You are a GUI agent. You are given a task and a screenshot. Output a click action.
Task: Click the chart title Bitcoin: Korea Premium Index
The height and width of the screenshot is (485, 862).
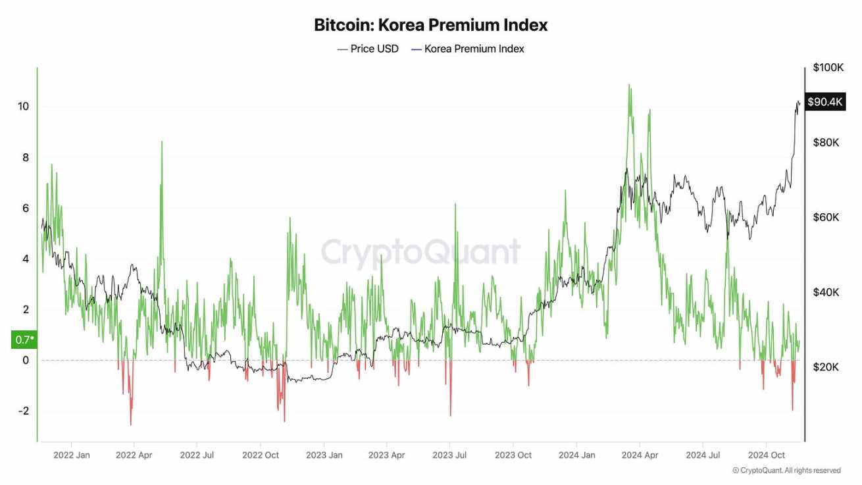(x=430, y=26)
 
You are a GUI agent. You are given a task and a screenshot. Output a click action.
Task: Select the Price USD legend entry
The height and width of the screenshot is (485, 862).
(x=368, y=49)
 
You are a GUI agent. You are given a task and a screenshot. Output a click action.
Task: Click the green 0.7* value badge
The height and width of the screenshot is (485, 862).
(x=23, y=340)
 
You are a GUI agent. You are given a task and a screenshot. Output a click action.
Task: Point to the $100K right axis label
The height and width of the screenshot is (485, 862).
(x=828, y=67)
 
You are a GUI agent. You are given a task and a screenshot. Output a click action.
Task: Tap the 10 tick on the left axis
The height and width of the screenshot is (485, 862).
(x=24, y=107)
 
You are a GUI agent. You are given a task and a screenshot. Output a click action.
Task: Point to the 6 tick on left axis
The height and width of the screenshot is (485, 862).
(x=26, y=208)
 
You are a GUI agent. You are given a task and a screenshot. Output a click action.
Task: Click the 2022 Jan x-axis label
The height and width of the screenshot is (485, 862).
(x=72, y=455)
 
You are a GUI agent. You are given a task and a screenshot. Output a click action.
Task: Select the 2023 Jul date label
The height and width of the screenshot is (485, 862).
(x=451, y=455)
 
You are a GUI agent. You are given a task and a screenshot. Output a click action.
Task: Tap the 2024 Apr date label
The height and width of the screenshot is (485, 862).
(x=640, y=455)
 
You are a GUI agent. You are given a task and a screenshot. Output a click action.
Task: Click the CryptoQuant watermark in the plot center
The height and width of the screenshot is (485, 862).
(x=420, y=252)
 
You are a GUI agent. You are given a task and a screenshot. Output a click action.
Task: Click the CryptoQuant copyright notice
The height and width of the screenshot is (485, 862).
(x=786, y=471)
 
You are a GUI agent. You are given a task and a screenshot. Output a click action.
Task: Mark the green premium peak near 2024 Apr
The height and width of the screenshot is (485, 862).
(x=630, y=86)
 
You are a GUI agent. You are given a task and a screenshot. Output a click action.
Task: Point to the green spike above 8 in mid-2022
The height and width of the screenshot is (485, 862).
(x=162, y=142)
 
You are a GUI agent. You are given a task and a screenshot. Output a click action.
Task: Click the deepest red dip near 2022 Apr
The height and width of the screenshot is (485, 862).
(x=131, y=424)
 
